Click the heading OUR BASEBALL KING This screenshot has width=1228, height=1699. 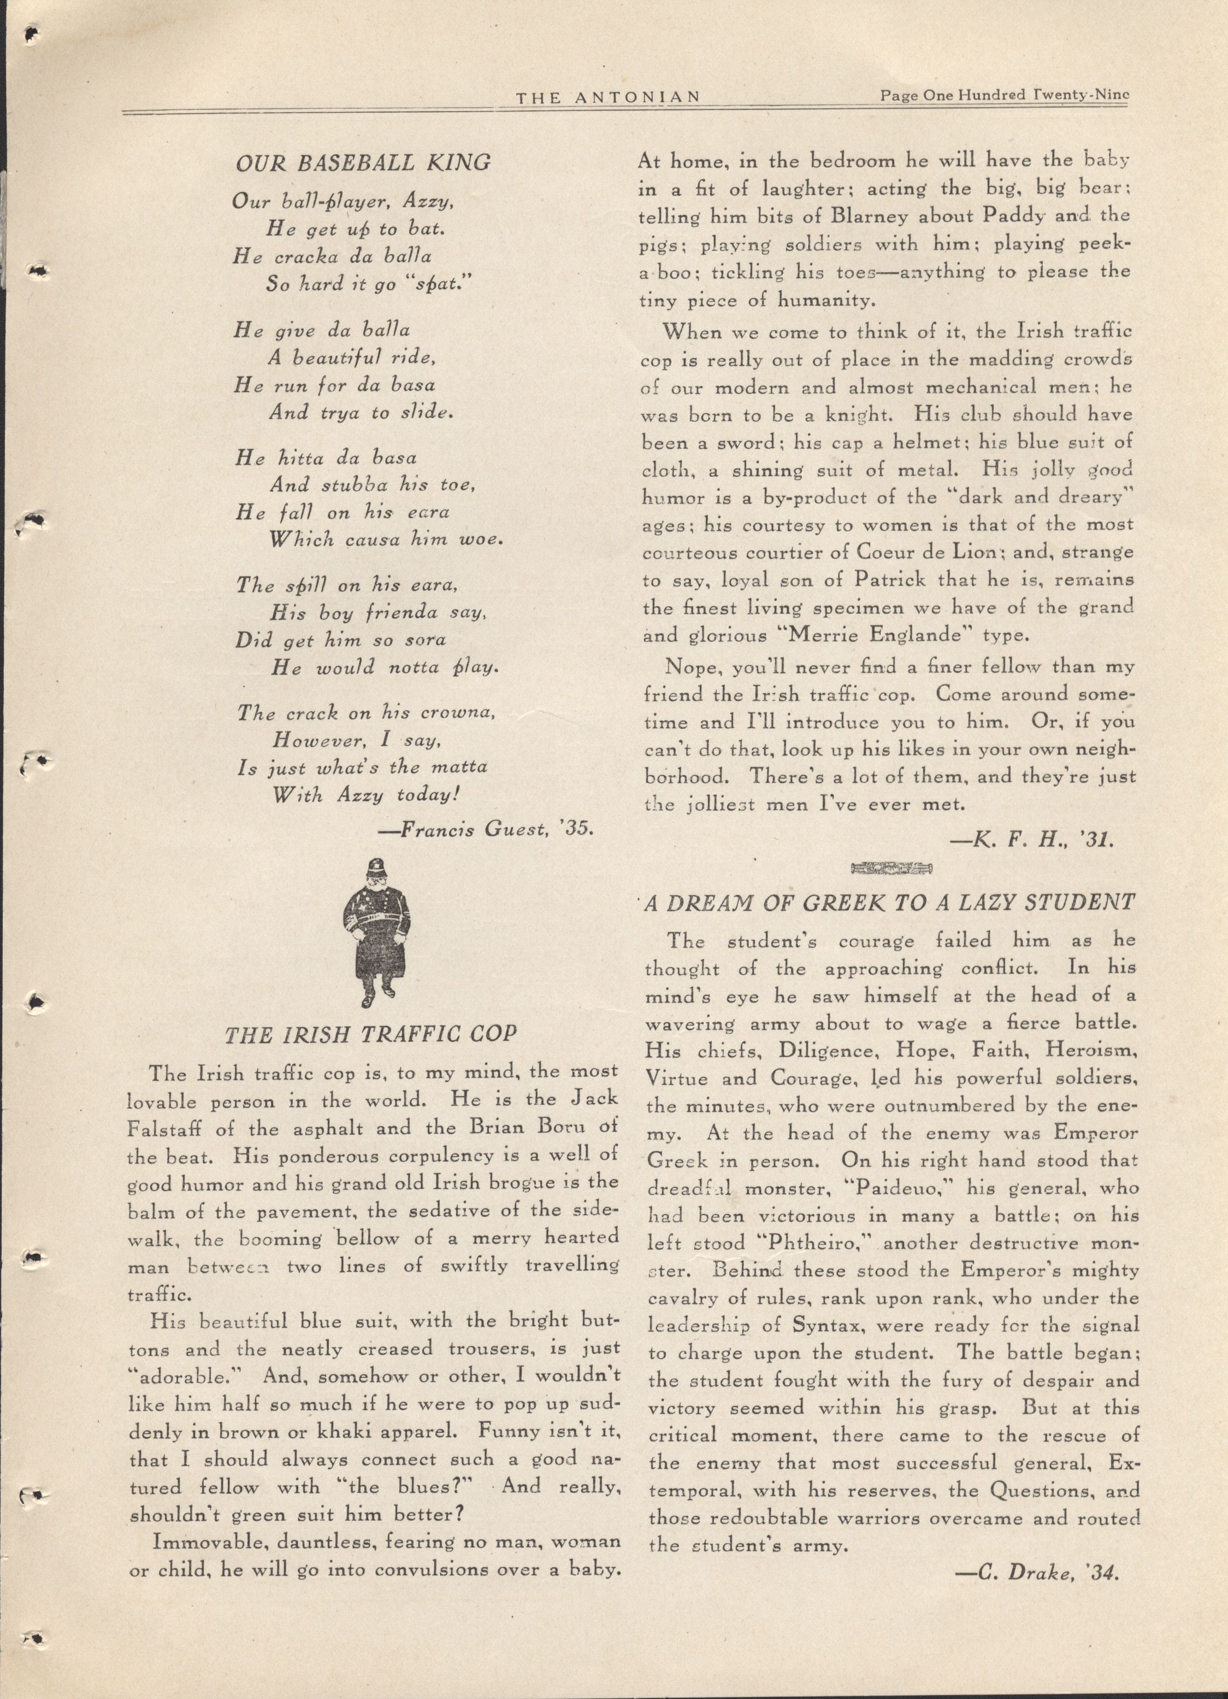363,162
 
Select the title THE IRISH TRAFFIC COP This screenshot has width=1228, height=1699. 371,1034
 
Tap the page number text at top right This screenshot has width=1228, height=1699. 1004,96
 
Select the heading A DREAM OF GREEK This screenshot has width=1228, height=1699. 889,903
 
